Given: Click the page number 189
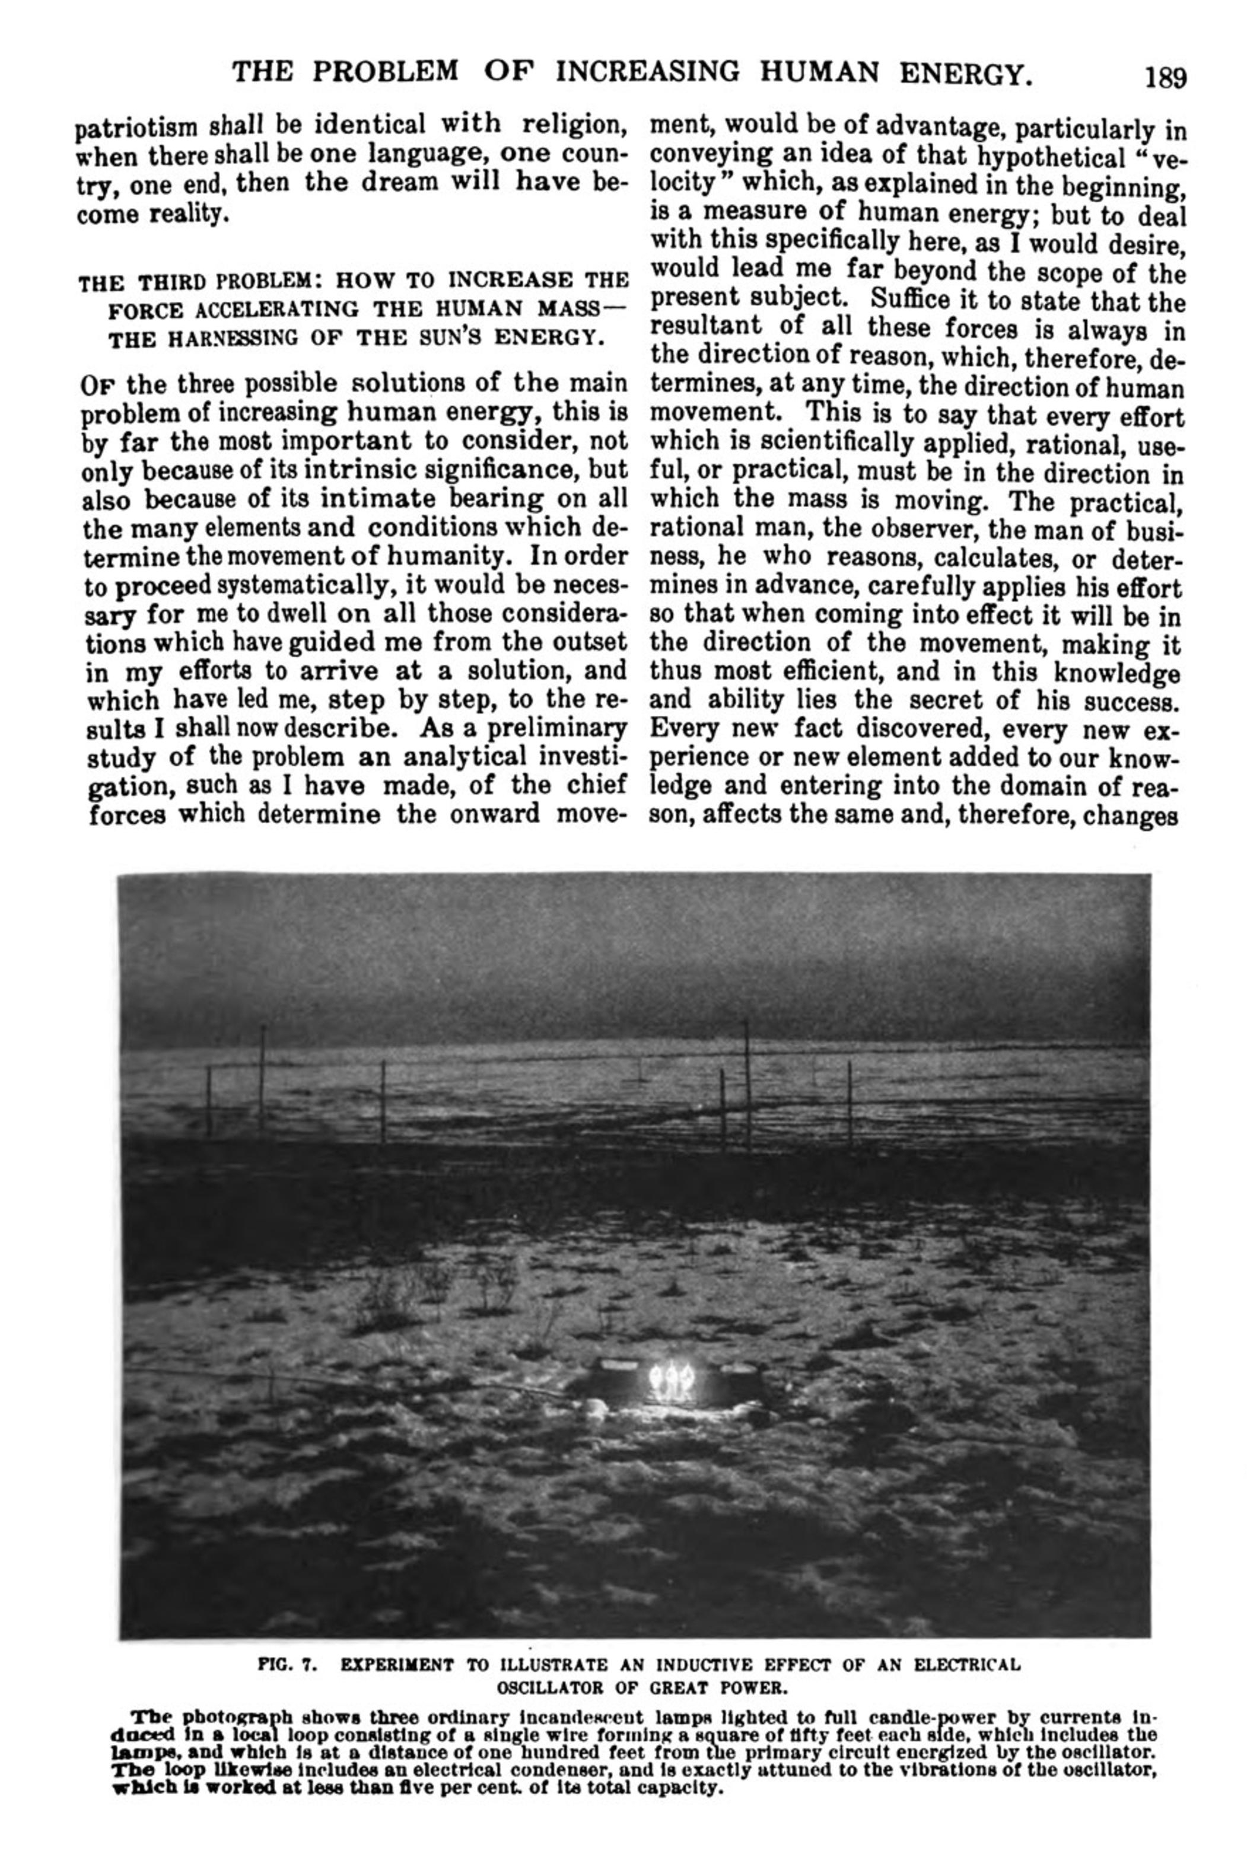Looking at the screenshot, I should (1165, 77).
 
